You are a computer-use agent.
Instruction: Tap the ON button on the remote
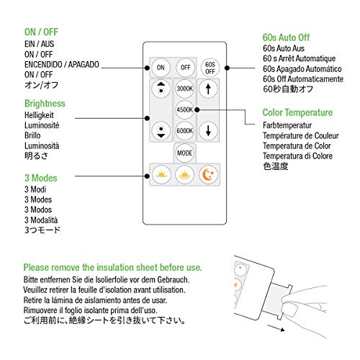161,68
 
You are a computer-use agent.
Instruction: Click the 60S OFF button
210,68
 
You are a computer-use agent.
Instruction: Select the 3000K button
184,89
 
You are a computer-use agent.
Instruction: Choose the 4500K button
184,109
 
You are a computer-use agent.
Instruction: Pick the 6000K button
184,131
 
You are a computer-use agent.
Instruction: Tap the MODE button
184,153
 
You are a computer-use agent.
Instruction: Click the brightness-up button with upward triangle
161,89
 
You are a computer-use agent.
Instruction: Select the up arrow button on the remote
208,89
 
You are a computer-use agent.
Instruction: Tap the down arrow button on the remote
208,131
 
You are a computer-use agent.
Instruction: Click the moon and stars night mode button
208,175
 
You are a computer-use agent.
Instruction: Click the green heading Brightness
45,104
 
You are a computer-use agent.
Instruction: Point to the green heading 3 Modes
41,178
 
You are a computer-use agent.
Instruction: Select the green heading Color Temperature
297,112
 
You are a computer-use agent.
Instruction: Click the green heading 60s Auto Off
286,37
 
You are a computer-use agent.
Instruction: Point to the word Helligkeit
39,115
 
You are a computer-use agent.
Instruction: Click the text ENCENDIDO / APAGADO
62,65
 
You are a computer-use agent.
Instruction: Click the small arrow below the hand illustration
276,328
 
